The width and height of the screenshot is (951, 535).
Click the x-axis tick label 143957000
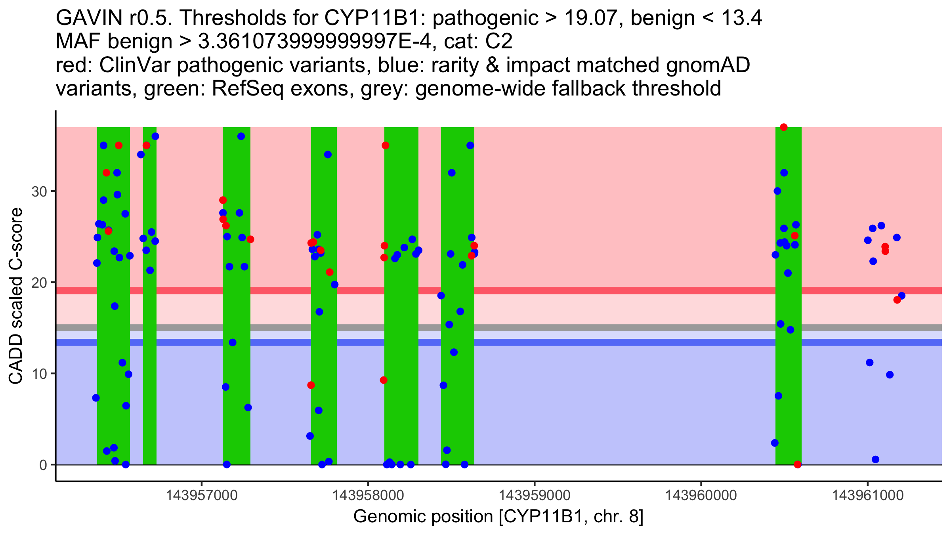(x=202, y=495)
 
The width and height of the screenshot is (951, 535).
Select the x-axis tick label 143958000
(x=368, y=495)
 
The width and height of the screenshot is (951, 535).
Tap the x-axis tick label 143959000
(x=535, y=495)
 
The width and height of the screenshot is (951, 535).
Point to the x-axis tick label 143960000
(x=701, y=495)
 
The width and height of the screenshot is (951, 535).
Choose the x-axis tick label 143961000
(x=867, y=495)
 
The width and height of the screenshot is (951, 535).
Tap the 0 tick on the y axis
(x=43, y=465)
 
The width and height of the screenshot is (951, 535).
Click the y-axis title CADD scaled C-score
(x=16, y=296)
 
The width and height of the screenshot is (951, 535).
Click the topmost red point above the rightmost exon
(x=783, y=127)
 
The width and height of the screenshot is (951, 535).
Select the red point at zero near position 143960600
(x=798, y=464)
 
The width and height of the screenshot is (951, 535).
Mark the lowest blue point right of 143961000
(x=876, y=459)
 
